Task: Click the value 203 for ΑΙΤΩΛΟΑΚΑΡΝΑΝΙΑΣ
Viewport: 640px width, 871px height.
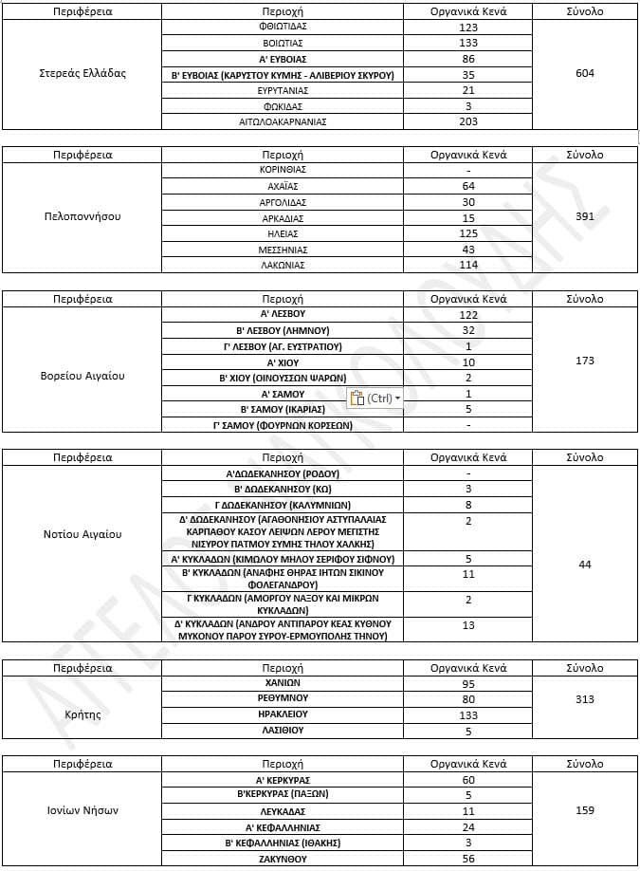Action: pyautogui.click(x=468, y=122)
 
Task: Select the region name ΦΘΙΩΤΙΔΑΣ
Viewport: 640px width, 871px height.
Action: pyautogui.click(x=283, y=27)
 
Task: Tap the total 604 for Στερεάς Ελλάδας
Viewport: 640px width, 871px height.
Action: pyautogui.click(x=585, y=73)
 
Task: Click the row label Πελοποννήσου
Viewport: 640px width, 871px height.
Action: pyautogui.click(x=82, y=216)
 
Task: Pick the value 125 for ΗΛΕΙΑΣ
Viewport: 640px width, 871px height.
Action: pyautogui.click(x=468, y=233)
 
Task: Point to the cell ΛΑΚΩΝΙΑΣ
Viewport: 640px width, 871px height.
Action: pyautogui.click(x=283, y=266)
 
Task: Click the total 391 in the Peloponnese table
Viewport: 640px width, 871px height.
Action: pyautogui.click(x=585, y=216)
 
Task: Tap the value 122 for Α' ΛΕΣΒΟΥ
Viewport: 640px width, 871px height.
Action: pyautogui.click(x=468, y=314)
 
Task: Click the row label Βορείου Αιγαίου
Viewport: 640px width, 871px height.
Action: pyautogui.click(x=82, y=376)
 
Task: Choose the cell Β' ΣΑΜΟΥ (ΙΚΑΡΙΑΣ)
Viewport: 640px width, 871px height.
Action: pyautogui.click(x=283, y=409)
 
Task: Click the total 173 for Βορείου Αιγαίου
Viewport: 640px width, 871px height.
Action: pyautogui.click(x=585, y=361)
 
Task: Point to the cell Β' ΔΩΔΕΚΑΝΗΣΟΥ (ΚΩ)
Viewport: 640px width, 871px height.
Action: pyautogui.click(x=283, y=489)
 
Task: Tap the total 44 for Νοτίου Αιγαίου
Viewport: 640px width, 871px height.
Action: pyautogui.click(x=585, y=565)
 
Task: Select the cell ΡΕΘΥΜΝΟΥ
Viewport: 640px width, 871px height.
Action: pyautogui.click(x=283, y=698)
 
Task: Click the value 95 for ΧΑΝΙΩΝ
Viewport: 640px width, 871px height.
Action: pyautogui.click(x=468, y=683)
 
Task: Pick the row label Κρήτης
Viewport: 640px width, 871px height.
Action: pyautogui.click(x=82, y=714)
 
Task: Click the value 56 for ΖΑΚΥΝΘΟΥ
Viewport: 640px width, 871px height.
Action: pyautogui.click(x=468, y=859)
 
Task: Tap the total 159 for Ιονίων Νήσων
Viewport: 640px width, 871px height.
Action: pyautogui.click(x=585, y=810)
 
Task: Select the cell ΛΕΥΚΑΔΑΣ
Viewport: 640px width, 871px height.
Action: pyautogui.click(x=283, y=811)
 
